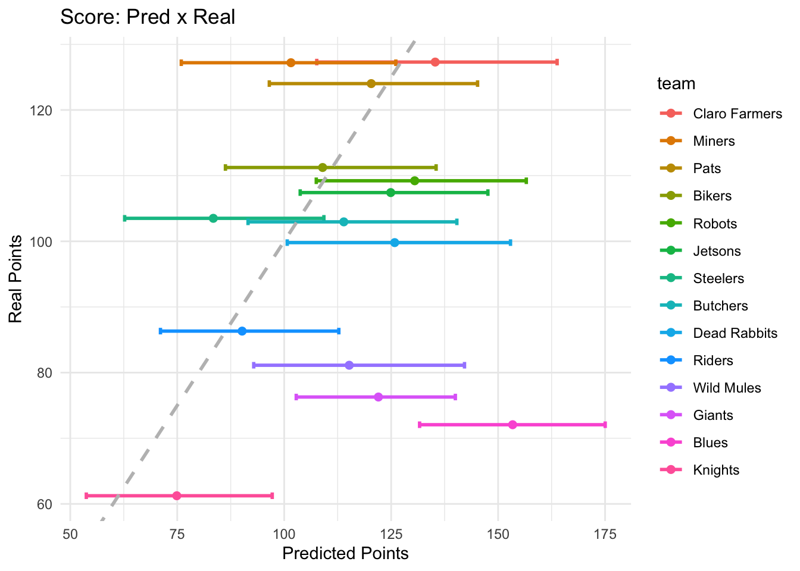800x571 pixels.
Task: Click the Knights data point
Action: click(177, 495)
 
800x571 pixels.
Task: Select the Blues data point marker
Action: click(512, 425)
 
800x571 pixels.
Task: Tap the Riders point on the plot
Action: click(242, 331)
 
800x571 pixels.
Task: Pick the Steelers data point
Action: click(213, 218)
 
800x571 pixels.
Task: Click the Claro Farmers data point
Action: click(435, 62)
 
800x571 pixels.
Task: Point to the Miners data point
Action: click(290, 62)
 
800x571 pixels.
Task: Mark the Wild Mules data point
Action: click(349, 365)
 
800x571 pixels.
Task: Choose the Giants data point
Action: click(378, 397)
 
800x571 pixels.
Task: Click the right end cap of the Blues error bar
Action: click(605, 425)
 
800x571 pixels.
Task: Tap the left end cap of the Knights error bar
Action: click(86, 495)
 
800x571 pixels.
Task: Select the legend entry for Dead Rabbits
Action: click(735, 333)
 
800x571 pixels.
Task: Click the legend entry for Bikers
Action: click(712, 196)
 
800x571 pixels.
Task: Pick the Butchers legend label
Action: click(720, 306)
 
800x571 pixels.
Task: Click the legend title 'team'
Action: click(676, 84)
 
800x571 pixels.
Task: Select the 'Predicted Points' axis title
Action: click(345, 554)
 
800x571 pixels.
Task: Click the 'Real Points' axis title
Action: click(16, 279)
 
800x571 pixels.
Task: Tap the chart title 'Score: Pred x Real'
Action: click(148, 17)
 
